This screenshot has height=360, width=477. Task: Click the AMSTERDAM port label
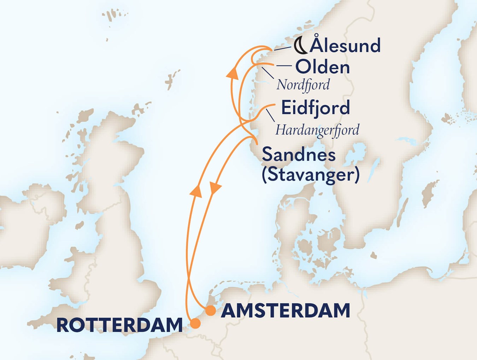coord(285,311)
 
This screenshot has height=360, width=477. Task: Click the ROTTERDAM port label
coord(119,325)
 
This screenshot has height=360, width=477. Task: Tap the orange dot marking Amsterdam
coord(211,311)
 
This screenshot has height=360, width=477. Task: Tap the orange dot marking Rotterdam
coord(195,323)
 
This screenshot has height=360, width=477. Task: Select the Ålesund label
coord(345,46)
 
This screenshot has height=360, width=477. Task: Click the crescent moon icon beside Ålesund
coord(300,46)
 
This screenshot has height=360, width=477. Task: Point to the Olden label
coord(322,67)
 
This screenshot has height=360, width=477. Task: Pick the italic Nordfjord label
coord(303,85)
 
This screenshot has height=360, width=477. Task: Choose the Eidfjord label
coord(315,108)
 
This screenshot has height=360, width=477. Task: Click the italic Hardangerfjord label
coord(317,130)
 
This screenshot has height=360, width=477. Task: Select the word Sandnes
coord(299,155)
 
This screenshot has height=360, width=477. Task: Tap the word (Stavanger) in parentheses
coord(311,174)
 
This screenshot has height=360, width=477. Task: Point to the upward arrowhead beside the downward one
coord(196,191)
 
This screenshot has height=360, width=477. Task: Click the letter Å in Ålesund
coord(317,45)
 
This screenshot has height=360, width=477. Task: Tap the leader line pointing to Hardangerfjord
coord(270,115)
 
